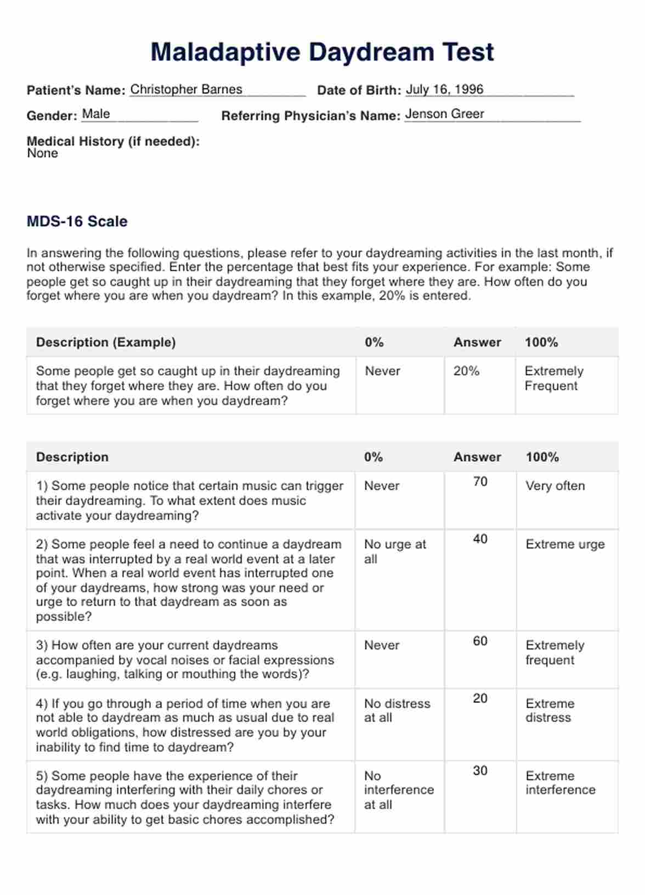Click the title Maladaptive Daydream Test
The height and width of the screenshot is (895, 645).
click(x=322, y=53)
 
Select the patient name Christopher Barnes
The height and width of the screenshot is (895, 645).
click(x=186, y=90)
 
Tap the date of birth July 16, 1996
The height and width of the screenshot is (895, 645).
click(x=444, y=90)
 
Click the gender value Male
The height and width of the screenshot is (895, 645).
click(x=96, y=114)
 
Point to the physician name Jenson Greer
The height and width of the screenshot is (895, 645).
click(x=444, y=114)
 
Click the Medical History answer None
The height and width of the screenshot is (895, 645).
click(x=42, y=153)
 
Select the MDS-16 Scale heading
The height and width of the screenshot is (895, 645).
click(x=77, y=221)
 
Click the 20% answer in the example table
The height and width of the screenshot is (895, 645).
click(x=466, y=371)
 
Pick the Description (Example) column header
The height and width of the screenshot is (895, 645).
click(x=106, y=342)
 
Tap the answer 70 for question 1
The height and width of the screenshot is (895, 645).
click(x=480, y=482)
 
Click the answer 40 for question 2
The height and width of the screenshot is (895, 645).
click(x=480, y=539)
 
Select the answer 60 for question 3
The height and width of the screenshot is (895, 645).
click(x=480, y=641)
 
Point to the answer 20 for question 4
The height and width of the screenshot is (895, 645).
click(x=480, y=698)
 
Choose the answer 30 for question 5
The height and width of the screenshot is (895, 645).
click(x=480, y=771)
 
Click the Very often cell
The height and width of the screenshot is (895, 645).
click(x=555, y=486)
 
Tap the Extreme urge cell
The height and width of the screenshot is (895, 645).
click(x=565, y=545)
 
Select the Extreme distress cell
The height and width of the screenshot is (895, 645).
click(x=550, y=711)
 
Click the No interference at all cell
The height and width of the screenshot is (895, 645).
click(x=399, y=790)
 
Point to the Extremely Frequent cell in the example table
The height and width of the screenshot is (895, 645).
click(x=554, y=378)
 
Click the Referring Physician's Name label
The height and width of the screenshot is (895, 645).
click(x=310, y=116)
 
